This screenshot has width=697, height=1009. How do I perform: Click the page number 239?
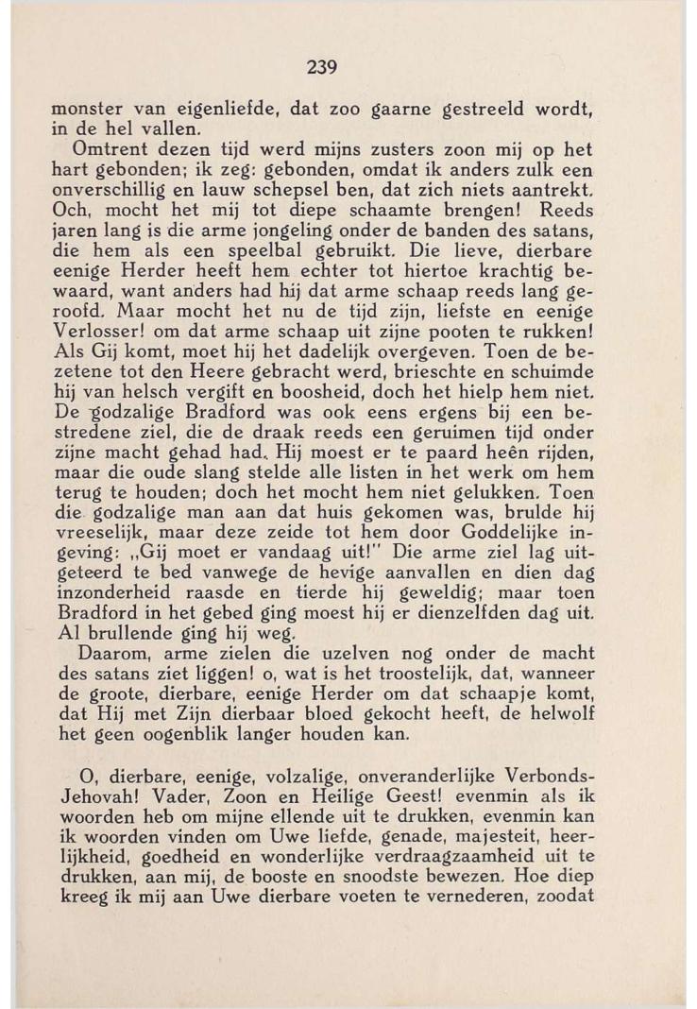(x=322, y=67)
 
